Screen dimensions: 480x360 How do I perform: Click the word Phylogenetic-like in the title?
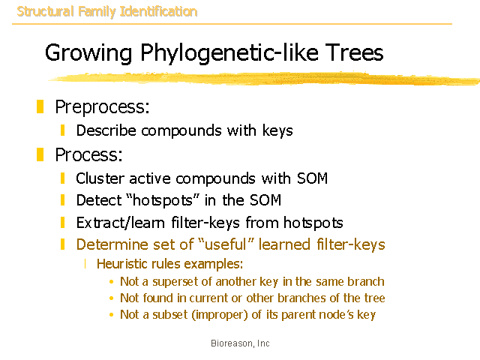tap(229, 53)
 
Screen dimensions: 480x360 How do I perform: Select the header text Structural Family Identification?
tap(106, 12)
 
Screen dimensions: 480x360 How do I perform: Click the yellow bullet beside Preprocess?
tap(40, 106)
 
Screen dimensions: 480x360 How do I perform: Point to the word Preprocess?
tap(102, 107)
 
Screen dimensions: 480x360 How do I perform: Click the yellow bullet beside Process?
tap(40, 154)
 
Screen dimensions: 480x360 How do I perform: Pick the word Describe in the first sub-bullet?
tap(106, 130)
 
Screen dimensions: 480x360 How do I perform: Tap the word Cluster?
tap(100, 178)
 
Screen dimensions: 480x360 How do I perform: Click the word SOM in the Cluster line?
tap(312, 178)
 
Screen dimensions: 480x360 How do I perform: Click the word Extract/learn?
tap(121, 223)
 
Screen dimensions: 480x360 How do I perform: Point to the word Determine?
tap(112, 244)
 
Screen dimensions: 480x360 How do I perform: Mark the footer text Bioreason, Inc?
tap(240, 343)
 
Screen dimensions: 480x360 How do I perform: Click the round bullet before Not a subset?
tap(112, 314)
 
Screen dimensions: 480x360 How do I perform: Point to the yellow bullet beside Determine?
tap(63, 244)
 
